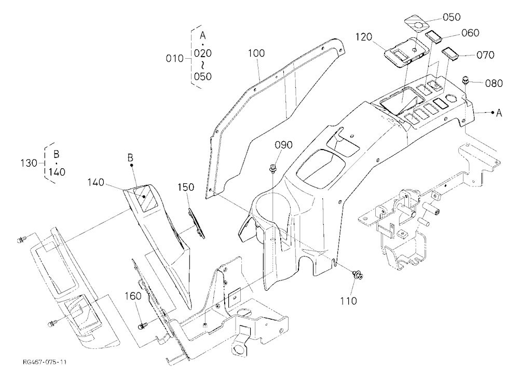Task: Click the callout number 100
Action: [x=256, y=53]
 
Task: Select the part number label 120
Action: [x=364, y=37]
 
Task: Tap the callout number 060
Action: [x=470, y=33]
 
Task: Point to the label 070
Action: [x=485, y=55]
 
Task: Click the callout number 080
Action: [x=494, y=83]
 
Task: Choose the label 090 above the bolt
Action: [x=284, y=145]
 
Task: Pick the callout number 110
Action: [x=349, y=301]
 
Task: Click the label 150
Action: [x=186, y=187]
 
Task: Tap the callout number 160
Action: [x=133, y=296]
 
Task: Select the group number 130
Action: [x=29, y=164]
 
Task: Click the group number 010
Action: [x=174, y=59]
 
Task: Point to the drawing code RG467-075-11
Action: [x=45, y=362]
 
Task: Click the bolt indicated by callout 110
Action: [x=358, y=274]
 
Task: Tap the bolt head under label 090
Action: [x=274, y=168]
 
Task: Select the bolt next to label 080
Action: [x=466, y=79]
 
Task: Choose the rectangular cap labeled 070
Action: [x=450, y=53]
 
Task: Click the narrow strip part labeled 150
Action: [x=197, y=223]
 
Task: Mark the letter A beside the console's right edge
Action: [x=499, y=113]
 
